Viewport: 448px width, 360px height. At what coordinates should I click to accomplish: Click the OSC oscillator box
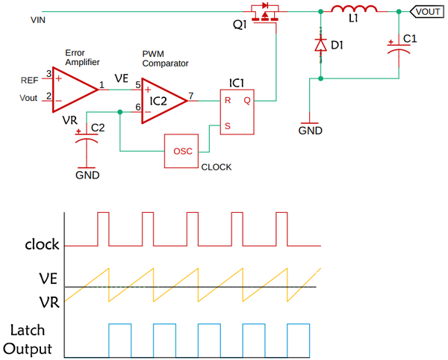point(183,151)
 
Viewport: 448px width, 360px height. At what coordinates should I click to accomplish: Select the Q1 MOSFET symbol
point(265,15)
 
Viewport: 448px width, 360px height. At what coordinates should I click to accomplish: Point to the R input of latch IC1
point(228,99)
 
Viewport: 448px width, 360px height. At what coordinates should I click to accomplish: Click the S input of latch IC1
point(228,125)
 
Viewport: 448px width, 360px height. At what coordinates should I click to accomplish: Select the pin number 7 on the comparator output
point(191,96)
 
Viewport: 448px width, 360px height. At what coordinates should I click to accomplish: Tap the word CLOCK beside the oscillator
point(217,167)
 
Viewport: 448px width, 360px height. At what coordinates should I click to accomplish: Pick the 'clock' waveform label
point(42,245)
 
